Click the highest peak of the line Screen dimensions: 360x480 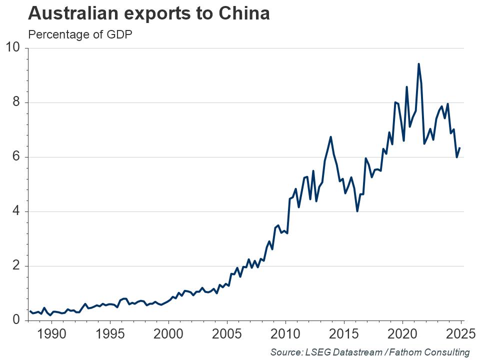pos(418,63)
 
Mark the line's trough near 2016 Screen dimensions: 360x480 pos(357,211)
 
